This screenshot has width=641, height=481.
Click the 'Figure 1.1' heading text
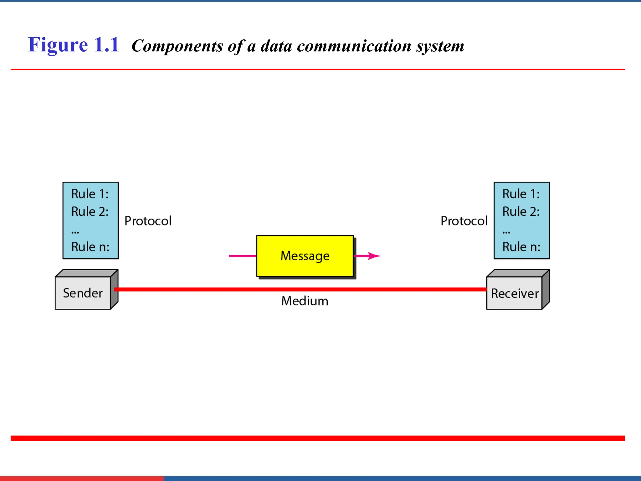[74, 45]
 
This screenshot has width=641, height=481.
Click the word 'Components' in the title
[177, 46]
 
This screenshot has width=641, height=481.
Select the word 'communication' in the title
[354, 46]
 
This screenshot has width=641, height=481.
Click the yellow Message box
[305, 256]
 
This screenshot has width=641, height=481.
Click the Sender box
[83, 293]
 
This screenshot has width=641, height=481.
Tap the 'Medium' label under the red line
[305, 301]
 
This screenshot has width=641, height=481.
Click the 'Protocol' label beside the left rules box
[148, 221]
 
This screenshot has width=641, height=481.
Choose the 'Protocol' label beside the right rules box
[464, 221]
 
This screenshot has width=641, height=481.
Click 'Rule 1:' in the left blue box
[90, 194]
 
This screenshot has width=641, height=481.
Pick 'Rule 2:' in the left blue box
[90, 211]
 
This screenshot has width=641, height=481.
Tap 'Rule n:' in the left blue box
[90, 247]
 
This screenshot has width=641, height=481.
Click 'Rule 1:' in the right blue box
[521, 194]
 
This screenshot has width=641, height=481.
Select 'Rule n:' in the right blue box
[521, 247]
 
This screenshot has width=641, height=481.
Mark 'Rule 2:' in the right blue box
[521, 211]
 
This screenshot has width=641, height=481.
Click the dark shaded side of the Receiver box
[546, 289]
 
